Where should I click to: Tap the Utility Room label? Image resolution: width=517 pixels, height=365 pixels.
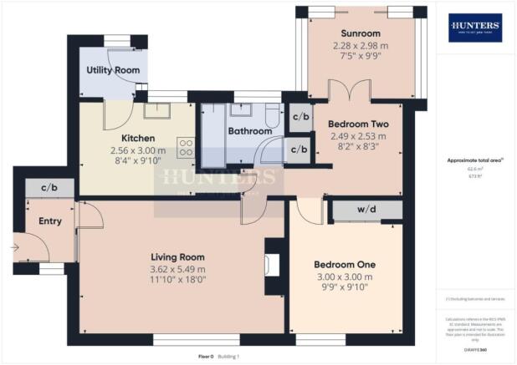pyautogui.click(x=113, y=71)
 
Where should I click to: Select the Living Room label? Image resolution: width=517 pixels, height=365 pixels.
pyautogui.click(x=177, y=256)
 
